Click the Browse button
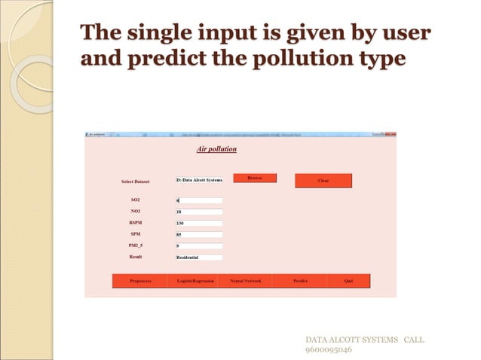point(255,178)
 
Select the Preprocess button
point(140,281)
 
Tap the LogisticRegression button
point(195,281)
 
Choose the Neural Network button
point(246,281)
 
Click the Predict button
point(300,281)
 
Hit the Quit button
point(348,281)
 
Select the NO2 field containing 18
point(199,212)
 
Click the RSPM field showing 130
point(199,224)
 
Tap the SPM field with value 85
point(199,235)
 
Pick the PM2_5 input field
point(199,246)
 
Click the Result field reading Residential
point(199,258)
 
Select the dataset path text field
point(199,180)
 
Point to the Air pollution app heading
point(216,149)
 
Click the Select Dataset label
point(136,182)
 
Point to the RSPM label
point(136,223)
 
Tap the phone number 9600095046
point(328,349)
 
